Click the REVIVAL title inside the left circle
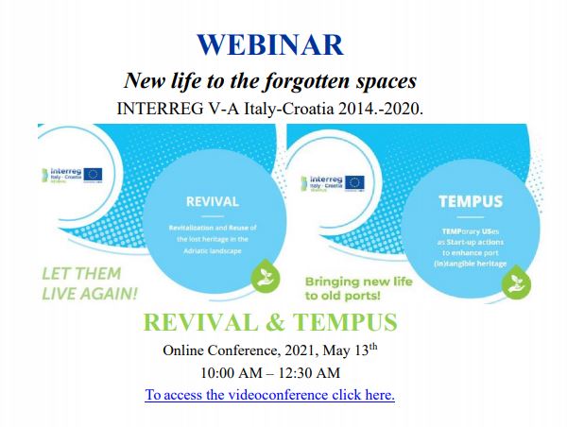[x=213, y=201]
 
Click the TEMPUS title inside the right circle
[x=471, y=201]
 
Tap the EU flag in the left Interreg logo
[x=93, y=175]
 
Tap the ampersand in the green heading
[x=283, y=322]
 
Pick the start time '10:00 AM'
[x=232, y=372]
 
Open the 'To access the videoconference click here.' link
[x=269, y=394]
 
